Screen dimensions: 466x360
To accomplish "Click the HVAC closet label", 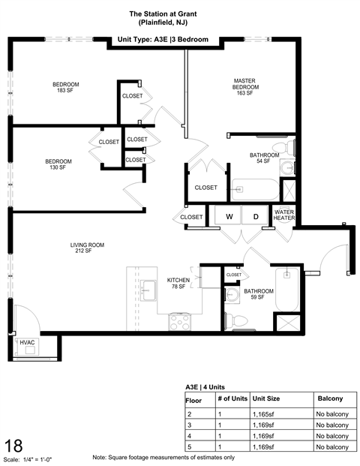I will tap(27, 343).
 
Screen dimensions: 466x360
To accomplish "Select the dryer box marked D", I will tap(255, 217).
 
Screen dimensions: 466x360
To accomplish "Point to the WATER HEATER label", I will tap(284, 216).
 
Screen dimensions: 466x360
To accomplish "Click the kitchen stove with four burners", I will tap(180, 323).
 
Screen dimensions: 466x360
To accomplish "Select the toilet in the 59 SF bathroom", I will tap(239, 320).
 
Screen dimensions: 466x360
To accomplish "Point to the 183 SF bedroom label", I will tap(66, 87).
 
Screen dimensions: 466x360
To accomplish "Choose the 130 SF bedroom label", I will tap(58, 164).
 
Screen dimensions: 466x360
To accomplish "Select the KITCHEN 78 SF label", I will tap(178, 282).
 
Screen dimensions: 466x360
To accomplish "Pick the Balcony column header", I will tap(330, 398).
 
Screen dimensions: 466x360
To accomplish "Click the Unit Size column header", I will tap(266, 398).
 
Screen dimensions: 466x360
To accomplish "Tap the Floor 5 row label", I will tap(190, 446).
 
